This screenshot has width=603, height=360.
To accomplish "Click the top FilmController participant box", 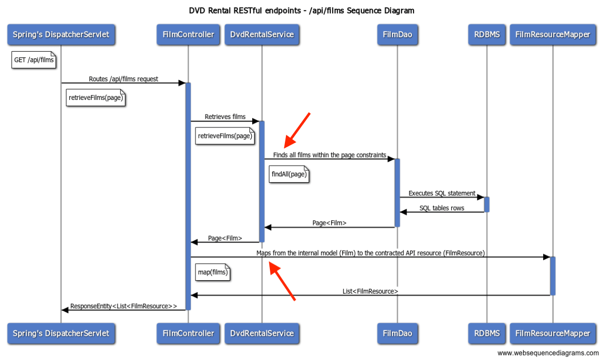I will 188,35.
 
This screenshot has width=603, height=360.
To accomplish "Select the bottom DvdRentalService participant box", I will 262,333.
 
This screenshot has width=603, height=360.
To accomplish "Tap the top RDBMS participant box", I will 486,35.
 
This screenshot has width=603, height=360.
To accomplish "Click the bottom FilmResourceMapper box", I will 553,333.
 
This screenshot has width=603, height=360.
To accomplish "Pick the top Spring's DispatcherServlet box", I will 61,35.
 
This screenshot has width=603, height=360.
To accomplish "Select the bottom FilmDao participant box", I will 397,333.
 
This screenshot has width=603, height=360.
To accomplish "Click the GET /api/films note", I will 34,60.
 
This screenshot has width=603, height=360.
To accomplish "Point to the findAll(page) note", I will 288,174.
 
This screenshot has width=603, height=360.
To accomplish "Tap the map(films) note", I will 213,272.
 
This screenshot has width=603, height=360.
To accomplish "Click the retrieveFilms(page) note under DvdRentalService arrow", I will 225,136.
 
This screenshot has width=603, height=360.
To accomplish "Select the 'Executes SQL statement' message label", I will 442,193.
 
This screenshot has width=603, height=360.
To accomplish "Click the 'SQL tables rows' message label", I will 442,208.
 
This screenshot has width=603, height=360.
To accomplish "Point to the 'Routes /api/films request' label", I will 124,79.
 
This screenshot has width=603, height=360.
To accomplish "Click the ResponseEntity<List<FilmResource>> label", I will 124,306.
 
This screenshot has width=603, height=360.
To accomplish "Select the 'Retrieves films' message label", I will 225,116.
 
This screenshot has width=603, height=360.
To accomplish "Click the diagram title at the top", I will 301,10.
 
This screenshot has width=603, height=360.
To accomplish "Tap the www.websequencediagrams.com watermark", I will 548,353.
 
